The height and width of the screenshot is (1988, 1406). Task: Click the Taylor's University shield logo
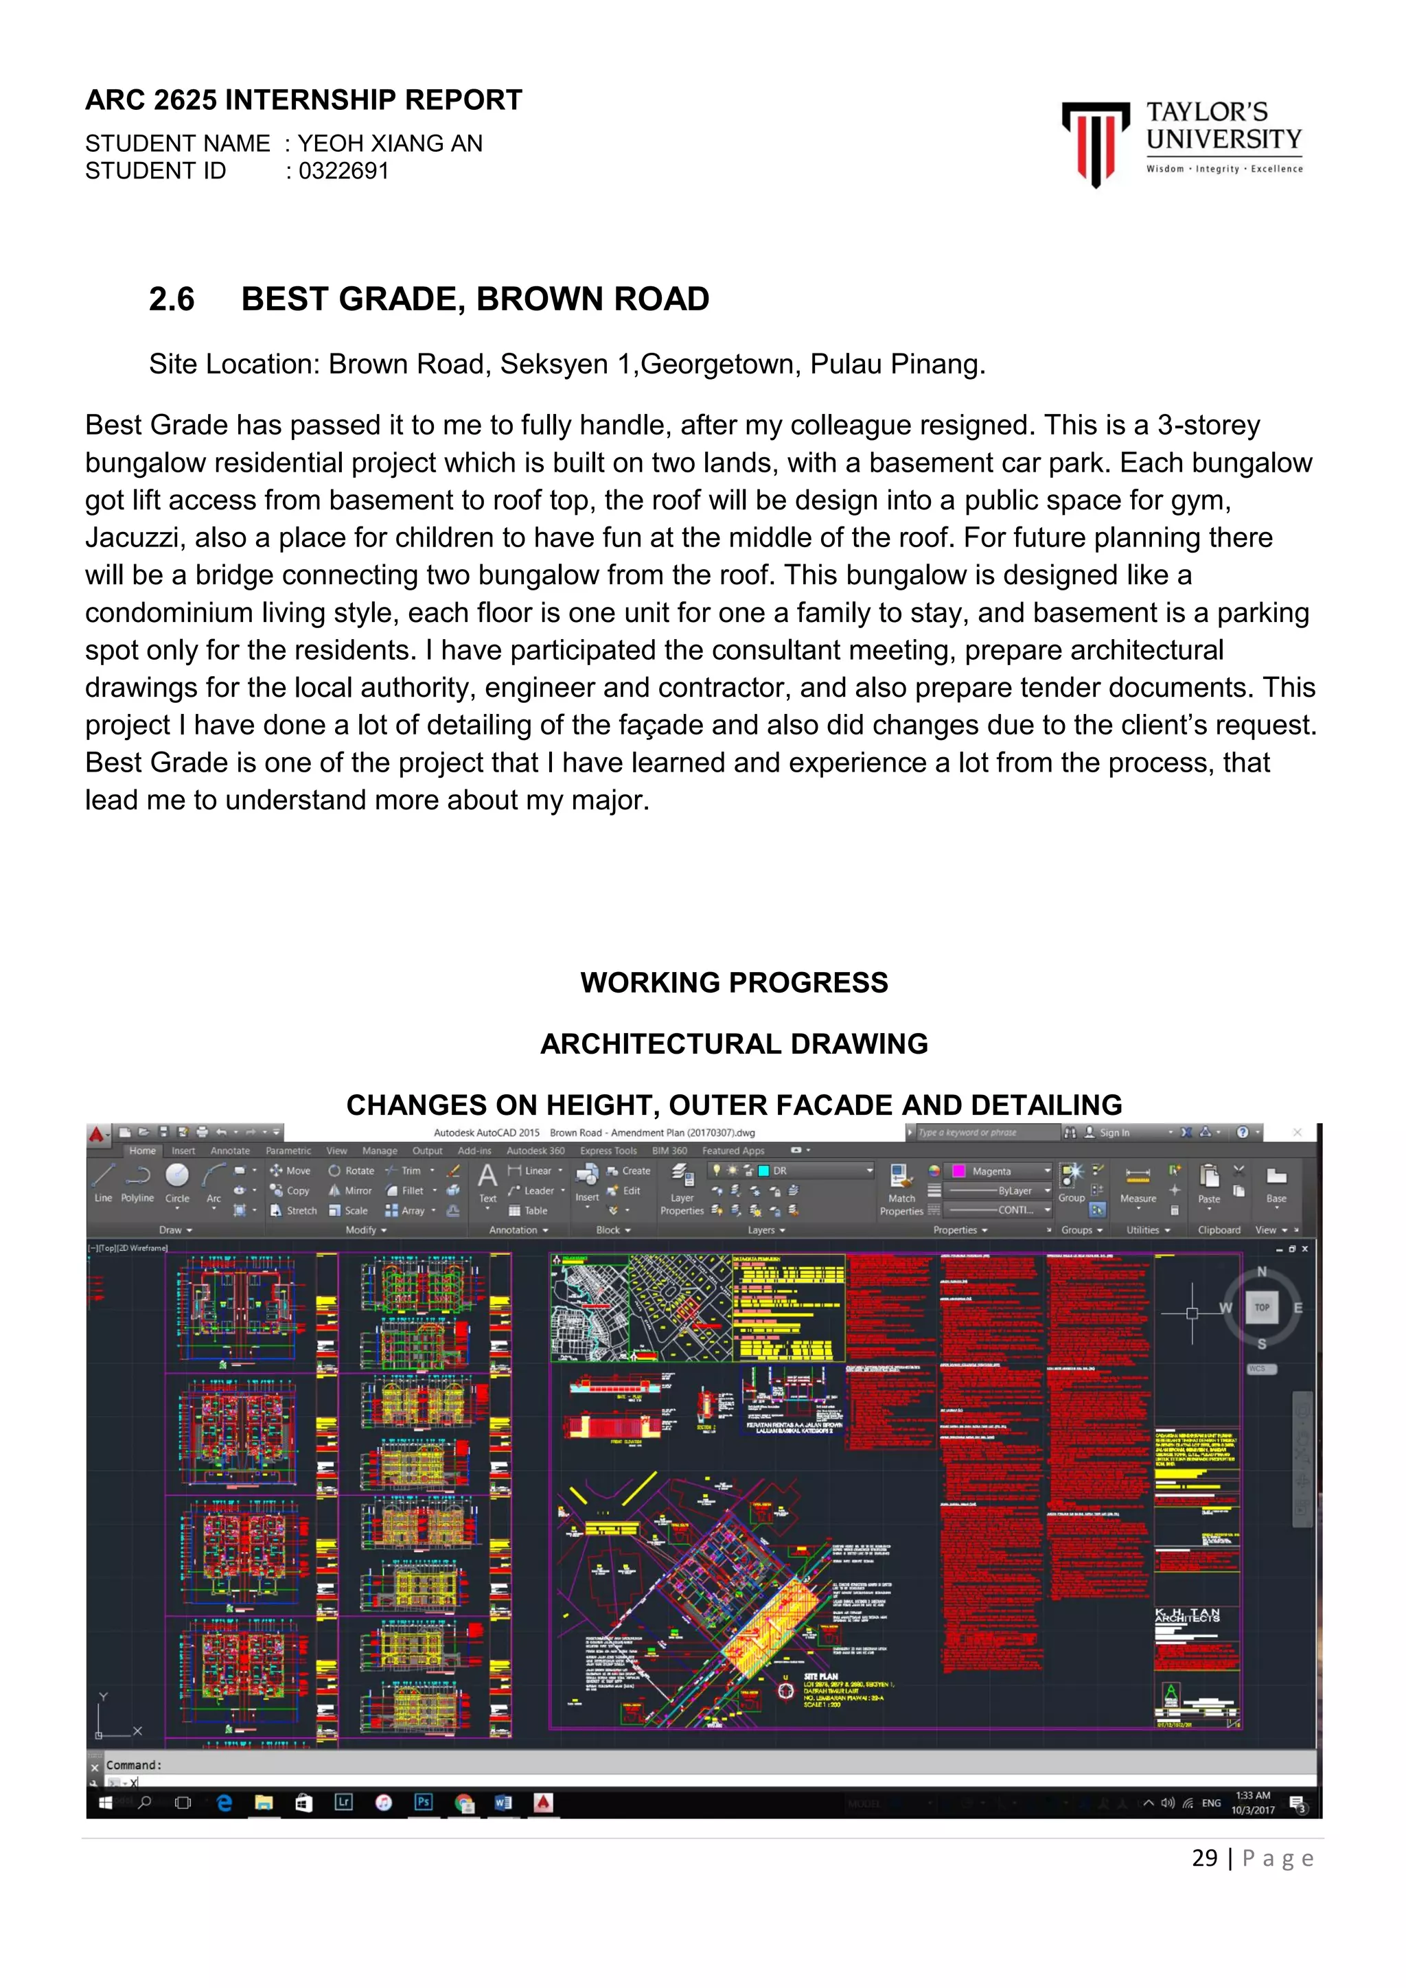click(1095, 141)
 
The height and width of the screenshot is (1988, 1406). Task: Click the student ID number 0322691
click(344, 172)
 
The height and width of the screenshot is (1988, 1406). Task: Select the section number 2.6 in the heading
click(172, 299)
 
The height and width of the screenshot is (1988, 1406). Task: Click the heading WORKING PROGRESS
click(733, 983)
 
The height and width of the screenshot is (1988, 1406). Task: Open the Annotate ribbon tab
click(230, 1151)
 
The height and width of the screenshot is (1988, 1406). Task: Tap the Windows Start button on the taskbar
click(106, 1803)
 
